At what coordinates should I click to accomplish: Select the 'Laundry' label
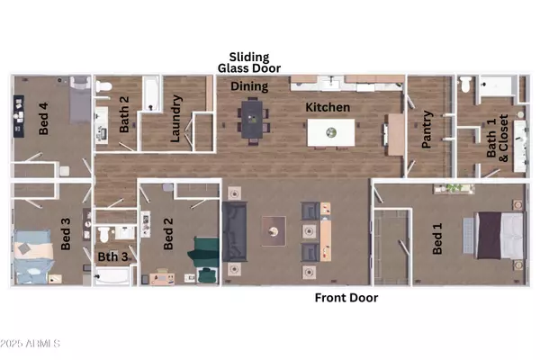pos(176,120)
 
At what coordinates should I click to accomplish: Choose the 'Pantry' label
pos(428,129)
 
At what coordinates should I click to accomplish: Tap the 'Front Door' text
pos(346,298)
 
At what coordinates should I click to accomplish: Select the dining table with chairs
pos(251,121)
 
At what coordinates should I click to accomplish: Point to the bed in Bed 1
pos(495,238)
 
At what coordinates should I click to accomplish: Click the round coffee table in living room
pos(270,231)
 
